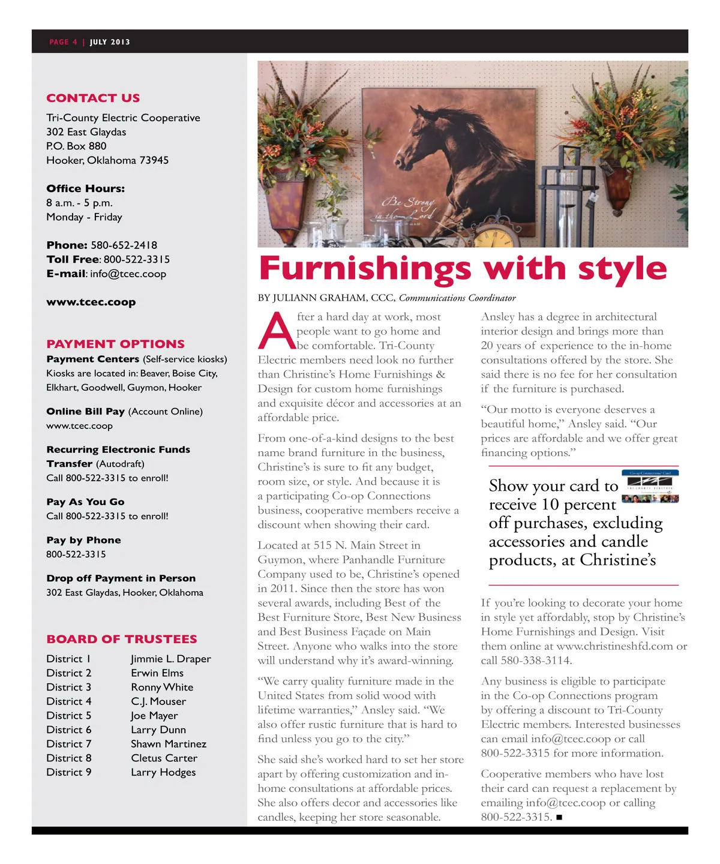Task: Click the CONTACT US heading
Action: click(x=93, y=98)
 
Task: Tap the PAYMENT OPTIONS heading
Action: click(x=115, y=344)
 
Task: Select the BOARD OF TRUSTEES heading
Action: click(x=122, y=639)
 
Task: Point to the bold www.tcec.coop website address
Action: click(x=91, y=302)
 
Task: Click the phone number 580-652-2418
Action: click(x=124, y=245)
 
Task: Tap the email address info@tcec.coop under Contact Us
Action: click(x=128, y=274)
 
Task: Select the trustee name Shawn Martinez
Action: click(x=169, y=744)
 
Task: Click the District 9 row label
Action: click(x=69, y=772)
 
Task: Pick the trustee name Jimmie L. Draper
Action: click(x=171, y=659)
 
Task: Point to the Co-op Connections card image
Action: click(x=650, y=487)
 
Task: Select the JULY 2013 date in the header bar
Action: click(x=110, y=42)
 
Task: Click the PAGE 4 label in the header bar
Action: click(x=63, y=42)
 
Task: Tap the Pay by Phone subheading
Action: click(x=83, y=540)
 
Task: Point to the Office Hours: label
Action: click(x=85, y=188)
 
